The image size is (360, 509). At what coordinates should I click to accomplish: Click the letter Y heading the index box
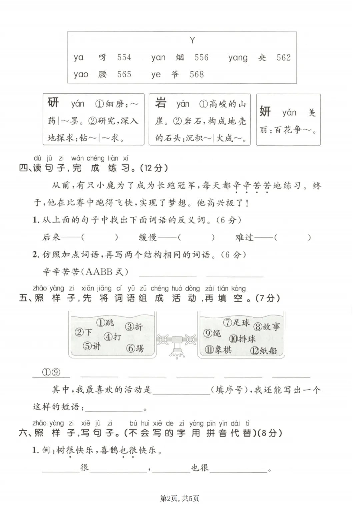coord(192,41)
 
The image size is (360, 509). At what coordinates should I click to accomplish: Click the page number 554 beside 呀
coord(124,57)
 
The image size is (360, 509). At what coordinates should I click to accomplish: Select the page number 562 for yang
coord(283,58)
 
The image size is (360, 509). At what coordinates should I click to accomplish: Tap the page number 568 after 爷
coord(197,74)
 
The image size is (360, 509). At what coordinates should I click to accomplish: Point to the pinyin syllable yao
coord(81,74)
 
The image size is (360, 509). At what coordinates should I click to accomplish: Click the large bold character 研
coord(53,102)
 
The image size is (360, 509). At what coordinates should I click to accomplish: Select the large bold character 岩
coord(161,102)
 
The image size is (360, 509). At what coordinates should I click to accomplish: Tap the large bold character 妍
coord(265,111)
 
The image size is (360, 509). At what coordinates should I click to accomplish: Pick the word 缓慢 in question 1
coord(148,237)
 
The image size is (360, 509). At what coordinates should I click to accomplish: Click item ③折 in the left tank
coord(134,327)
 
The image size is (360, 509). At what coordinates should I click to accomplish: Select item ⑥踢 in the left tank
coord(135,348)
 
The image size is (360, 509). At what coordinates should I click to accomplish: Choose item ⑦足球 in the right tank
coord(236,322)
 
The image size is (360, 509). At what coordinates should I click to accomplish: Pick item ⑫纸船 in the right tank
coord(264,350)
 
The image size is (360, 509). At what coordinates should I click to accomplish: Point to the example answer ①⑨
coord(51,372)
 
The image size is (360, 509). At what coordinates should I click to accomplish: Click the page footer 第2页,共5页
coord(180,498)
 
